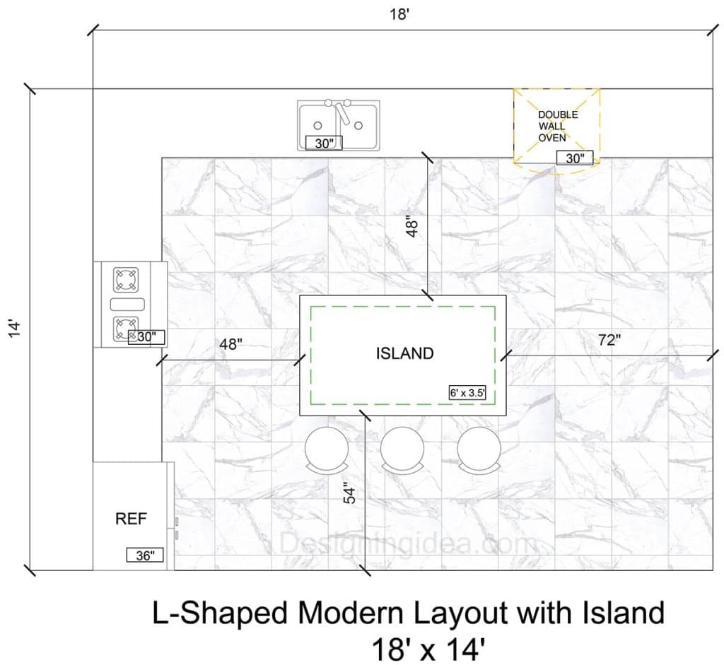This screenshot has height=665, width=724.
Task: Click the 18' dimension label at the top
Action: click(x=400, y=14)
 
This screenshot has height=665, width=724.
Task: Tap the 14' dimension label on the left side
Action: click(x=14, y=328)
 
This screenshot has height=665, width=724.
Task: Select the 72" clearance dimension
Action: click(x=609, y=340)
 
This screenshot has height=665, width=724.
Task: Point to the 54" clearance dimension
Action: click(x=350, y=493)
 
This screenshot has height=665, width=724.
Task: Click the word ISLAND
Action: click(x=404, y=353)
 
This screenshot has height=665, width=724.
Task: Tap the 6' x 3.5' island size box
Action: click(x=467, y=393)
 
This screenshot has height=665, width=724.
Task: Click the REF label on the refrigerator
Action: click(x=131, y=519)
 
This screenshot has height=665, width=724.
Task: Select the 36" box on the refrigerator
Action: click(x=145, y=555)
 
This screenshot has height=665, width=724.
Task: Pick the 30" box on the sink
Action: click(x=324, y=143)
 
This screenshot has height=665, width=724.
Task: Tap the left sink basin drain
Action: click(x=317, y=126)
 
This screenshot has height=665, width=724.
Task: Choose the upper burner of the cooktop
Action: click(x=126, y=280)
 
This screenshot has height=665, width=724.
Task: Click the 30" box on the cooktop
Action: click(x=146, y=337)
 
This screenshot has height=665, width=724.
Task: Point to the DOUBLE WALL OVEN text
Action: click(x=558, y=126)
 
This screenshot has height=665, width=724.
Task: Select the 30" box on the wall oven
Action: click(x=575, y=158)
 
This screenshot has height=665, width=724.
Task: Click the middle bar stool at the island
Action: click(x=402, y=450)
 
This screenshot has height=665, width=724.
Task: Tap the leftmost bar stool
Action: click(x=327, y=450)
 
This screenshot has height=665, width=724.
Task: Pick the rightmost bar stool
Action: click(x=479, y=450)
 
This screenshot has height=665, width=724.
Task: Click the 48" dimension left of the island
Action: click(x=231, y=343)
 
